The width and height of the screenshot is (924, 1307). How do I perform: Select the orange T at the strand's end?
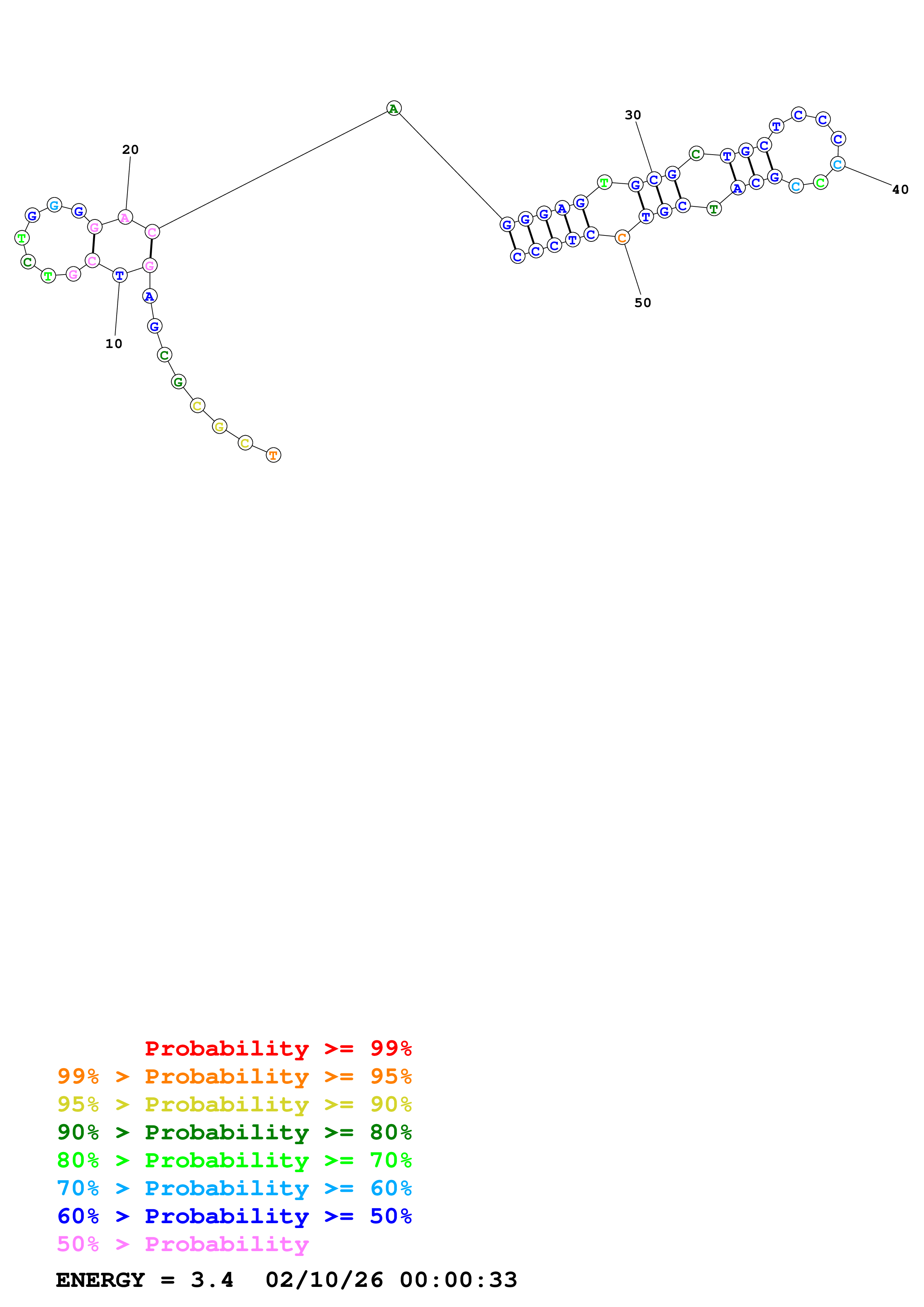tap(273, 455)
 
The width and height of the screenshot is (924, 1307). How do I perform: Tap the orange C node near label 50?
tap(622, 238)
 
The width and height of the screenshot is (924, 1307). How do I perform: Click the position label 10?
tap(114, 344)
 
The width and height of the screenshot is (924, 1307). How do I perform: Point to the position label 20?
tap(130, 150)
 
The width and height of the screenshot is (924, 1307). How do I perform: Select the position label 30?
tap(633, 115)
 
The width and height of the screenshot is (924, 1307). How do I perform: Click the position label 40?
tap(900, 190)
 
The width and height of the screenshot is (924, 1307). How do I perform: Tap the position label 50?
tap(643, 303)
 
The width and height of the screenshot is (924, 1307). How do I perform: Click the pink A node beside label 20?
tap(125, 218)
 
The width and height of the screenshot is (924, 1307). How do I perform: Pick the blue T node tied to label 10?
tap(120, 275)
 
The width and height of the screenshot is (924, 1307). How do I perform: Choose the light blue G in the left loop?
tap(54, 205)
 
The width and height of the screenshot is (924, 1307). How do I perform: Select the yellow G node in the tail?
tap(219, 426)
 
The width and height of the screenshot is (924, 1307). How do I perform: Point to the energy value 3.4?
tap(212, 1280)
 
